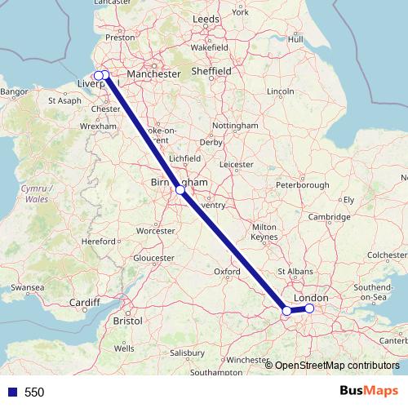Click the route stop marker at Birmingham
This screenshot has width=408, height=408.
pyautogui.click(x=180, y=190)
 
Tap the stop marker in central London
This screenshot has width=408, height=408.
pyautogui.click(x=309, y=308)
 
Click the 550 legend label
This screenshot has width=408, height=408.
pyautogui.click(x=33, y=392)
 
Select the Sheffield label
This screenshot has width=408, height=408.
pyautogui.click(x=211, y=71)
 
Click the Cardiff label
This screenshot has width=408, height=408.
pyautogui.click(x=83, y=304)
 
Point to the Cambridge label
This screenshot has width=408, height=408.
pyautogui.click(x=330, y=216)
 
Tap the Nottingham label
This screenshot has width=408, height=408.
pyautogui.click(x=234, y=126)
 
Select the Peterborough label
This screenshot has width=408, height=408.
pyautogui.click(x=301, y=185)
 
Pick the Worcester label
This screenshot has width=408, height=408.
pyautogui.click(x=155, y=231)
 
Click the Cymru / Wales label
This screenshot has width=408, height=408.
pyautogui.click(x=34, y=193)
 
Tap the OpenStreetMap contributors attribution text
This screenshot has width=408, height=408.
pyautogui.click(x=336, y=366)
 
